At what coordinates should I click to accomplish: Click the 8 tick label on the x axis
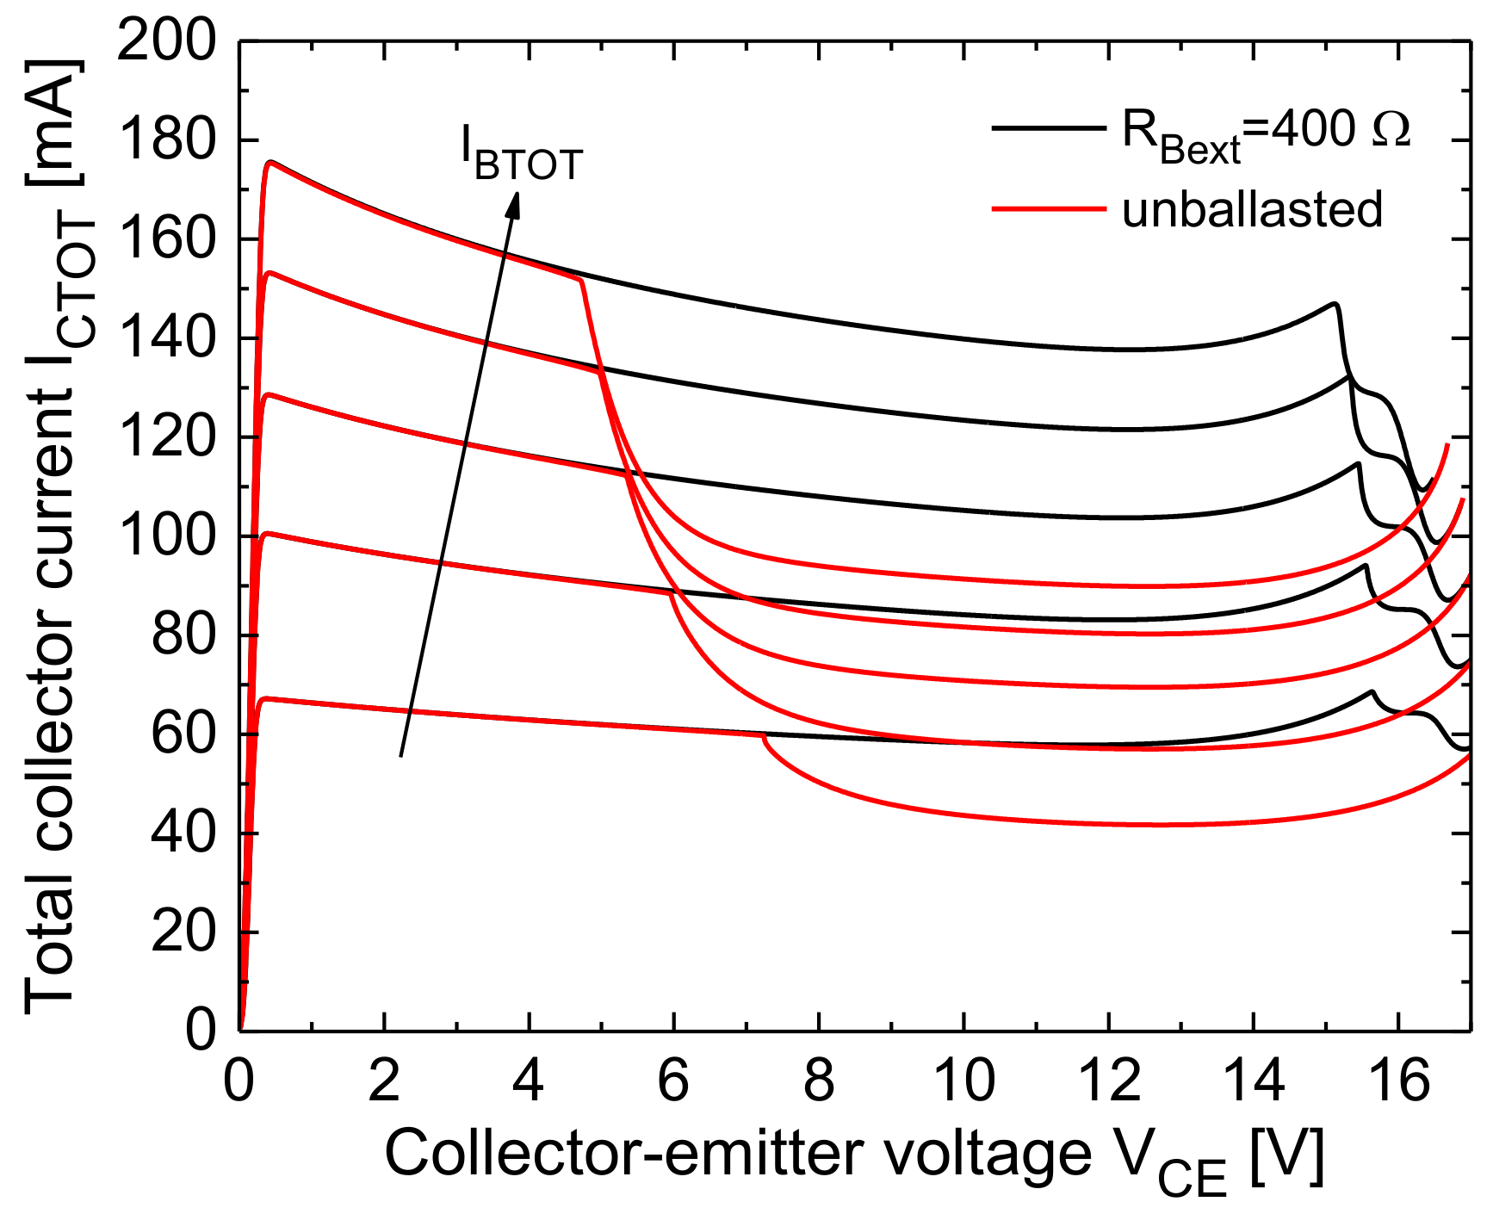pos(818,1080)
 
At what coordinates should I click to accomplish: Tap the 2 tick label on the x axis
pos(384,1080)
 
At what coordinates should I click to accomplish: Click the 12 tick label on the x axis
pos(1109,1080)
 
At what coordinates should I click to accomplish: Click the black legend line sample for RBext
pos(1048,128)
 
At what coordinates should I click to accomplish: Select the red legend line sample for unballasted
pos(1048,208)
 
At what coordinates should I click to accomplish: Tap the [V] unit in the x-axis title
pos(1287,1154)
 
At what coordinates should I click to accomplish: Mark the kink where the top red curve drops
pos(582,279)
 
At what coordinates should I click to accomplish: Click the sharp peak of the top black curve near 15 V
pos(1335,303)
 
